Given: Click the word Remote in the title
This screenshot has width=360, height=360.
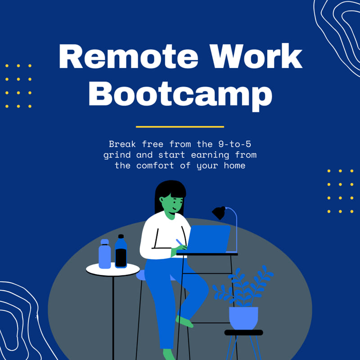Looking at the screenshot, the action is pos(128,56).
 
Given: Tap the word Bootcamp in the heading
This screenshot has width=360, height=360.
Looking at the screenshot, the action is pos(180,95).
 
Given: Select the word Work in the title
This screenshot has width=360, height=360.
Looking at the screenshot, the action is pos(256,56).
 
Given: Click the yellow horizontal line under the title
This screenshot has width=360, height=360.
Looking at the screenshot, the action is pos(180,127).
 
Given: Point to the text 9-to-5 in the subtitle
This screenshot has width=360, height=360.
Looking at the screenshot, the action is pos(234,144).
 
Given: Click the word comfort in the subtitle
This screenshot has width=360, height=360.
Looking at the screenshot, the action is pos(155,166).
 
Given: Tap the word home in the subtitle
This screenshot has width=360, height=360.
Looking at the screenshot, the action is pos(234,165).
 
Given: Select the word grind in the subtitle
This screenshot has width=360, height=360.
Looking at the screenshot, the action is pos(117,155).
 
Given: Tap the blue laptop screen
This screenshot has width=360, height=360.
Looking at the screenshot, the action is pos(208,239).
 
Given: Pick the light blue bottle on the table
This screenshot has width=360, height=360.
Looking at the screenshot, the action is pos(105,254).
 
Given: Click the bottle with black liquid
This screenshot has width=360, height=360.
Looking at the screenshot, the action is pos(121,251).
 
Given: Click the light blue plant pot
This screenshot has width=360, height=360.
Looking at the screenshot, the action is pos(243,318).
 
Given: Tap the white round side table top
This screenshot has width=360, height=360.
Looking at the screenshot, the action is pos(113,269).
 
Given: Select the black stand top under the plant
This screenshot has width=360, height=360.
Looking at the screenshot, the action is pos(243,333).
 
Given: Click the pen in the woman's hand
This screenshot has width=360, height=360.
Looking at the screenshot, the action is pos(180,243).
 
